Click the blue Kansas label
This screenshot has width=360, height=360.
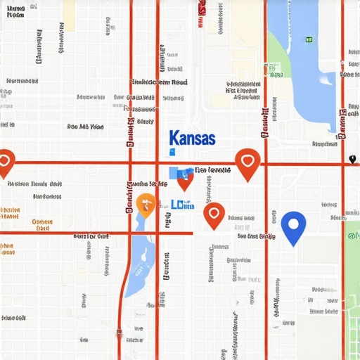click(192, 138)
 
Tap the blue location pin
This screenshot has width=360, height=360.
click(293, 226)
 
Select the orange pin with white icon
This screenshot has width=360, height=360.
click(146, 203)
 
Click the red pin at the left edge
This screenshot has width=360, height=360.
click(5, 162)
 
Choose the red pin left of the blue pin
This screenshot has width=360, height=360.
click(214, 214)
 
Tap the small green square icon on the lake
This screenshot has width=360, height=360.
click(308, 39)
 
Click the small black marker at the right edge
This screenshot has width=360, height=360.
click(352, 160)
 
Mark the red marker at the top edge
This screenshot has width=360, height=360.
click(202, 7)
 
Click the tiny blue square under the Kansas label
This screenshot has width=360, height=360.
click(172, 151)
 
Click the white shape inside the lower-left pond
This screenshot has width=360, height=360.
click(139, 271)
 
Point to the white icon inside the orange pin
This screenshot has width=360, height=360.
click(146, 203)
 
